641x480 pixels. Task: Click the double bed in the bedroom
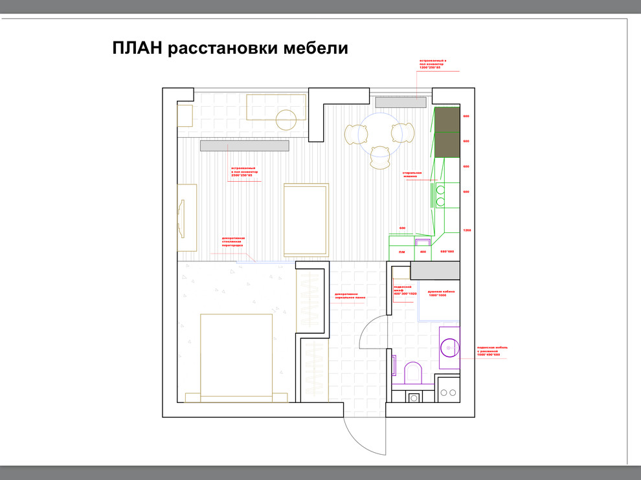tap(236, 356)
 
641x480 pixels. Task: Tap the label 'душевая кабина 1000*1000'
tap(441, 293)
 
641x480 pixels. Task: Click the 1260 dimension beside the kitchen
tap(466, 230)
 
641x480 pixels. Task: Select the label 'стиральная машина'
tap(412, 175)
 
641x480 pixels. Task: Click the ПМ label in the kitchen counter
tap(402, 252)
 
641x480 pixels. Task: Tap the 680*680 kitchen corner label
tap(447, 252)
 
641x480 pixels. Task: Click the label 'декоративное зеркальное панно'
tap(350, 296)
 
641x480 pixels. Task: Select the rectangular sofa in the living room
tap(306, 220)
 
